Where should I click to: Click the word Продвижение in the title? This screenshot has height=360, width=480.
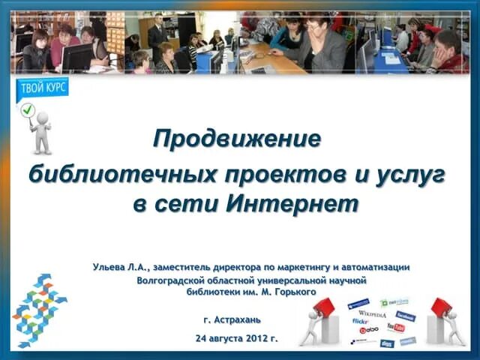[236, 139]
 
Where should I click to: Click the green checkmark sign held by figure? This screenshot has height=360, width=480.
[28, 110]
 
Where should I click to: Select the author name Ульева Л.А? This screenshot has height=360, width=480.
[121, 266]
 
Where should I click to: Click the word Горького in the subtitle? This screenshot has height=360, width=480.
[295, 291]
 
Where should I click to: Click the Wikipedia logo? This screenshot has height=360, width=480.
[372, 314]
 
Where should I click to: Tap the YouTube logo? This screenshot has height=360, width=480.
[395, 328]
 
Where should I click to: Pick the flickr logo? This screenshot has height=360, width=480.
[361, 321]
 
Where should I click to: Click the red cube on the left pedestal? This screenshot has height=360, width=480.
[324, 306]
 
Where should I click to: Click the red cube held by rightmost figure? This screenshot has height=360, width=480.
[440, 306]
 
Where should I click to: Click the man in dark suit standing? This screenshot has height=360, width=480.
[157, 34]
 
